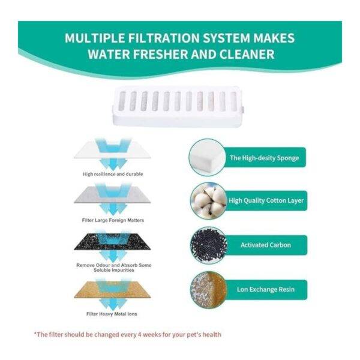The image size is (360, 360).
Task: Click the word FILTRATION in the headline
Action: [x=164, y=38]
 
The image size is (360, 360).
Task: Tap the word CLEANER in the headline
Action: [x=247, y=55]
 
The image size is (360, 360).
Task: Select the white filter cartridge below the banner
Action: [x=178, y=106]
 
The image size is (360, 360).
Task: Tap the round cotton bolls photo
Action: [x=208, y=200]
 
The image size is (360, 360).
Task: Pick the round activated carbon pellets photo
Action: [x=208, y=245]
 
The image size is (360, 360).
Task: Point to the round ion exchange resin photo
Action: [x=208, y=290]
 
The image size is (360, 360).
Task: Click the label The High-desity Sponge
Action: [x=265, y=158]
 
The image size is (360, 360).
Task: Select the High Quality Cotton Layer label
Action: [x=266, y=200]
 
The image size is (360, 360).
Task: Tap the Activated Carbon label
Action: [x=266, y=245]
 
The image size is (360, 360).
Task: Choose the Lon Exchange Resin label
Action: [x=266, y=289]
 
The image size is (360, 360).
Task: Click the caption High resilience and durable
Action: [x=113, y=174]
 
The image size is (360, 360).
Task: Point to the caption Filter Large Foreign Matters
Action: [x=113, y=220]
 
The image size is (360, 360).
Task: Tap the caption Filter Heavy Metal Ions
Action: [x=112, y=314]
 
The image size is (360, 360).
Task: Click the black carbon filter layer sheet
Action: [x=112, y=242]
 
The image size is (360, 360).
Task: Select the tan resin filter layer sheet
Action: [x=112, y=290]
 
